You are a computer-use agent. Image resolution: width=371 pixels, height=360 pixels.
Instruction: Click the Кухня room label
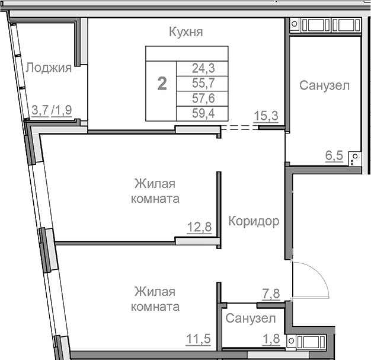(186, 33)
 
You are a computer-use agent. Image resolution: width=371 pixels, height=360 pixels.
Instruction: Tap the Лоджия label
(49, 68)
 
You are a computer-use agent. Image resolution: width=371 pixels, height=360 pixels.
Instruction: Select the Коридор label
(254, 222)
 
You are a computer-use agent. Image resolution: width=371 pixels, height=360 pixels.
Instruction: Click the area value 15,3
(266, 116)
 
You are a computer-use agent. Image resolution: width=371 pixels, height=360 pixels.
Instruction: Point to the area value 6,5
(334, 156)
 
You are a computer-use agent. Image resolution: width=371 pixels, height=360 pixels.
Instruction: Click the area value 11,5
(199, 340)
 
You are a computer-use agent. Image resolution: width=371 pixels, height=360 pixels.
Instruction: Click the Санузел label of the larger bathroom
(324, 85)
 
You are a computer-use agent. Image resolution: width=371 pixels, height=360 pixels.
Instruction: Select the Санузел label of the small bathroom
(251, 318)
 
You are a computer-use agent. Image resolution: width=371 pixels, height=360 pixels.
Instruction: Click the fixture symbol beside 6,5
(354, 158)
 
